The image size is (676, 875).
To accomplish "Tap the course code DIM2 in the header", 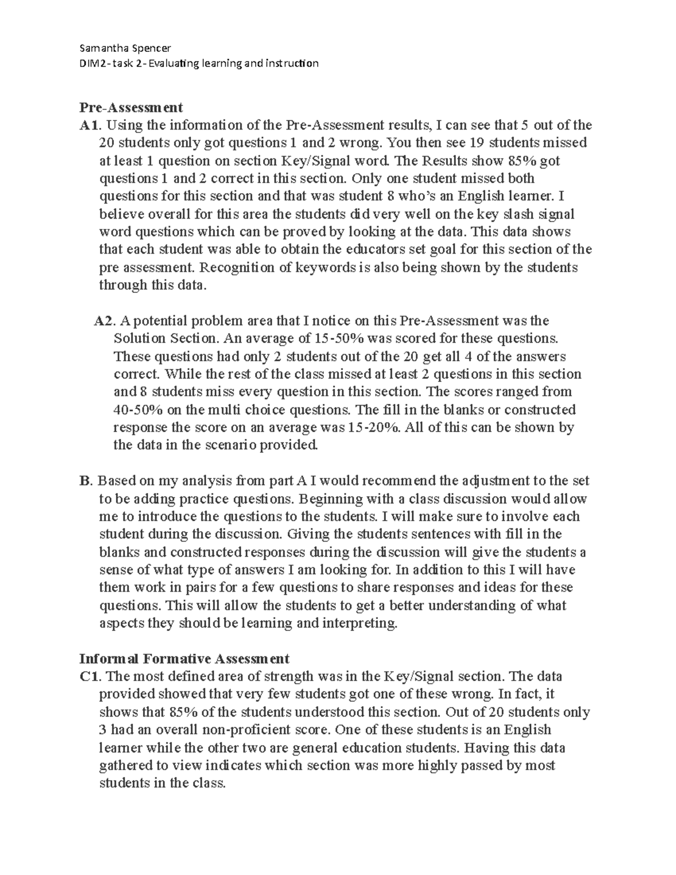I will [x=93, y=63].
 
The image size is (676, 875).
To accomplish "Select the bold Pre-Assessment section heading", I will [x=131, y=107].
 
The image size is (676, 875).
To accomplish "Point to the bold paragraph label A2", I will [x=104, y=321].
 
